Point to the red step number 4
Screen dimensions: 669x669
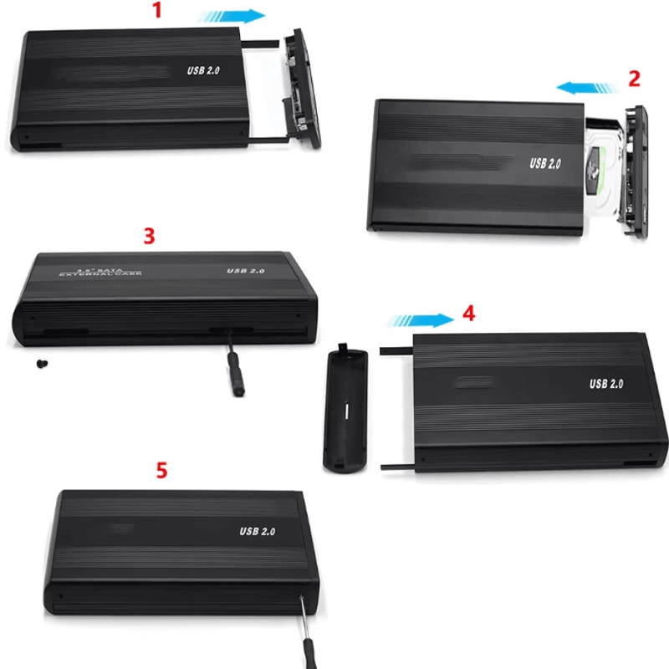click(x=469, y=313)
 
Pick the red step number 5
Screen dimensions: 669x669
click(x=161, y=470)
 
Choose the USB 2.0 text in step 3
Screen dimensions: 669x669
click(x=246, y=270)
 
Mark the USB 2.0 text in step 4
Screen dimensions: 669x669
click(x=606, y=384)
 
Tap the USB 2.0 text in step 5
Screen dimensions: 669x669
click(x=257, y=530)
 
